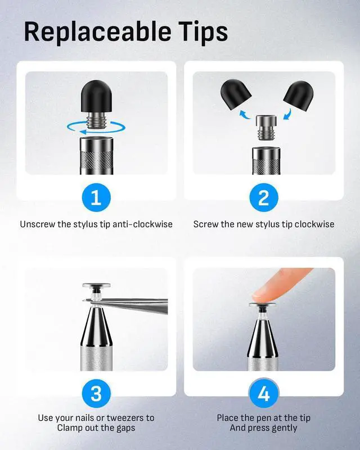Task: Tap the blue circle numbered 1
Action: [96, 198]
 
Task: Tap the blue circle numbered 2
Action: [264, 198]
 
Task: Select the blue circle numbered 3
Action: [96, 393]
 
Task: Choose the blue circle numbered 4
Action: [264, 393]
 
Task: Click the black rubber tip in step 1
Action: [96, 96]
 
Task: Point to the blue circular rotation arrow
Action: [96, 128]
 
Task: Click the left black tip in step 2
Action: [236, 94]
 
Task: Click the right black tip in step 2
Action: [299, 95]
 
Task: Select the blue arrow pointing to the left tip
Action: [245, 115]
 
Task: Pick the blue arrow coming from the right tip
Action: [287, 114]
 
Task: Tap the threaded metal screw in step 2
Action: [266, 128]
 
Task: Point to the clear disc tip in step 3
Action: [96, 290]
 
